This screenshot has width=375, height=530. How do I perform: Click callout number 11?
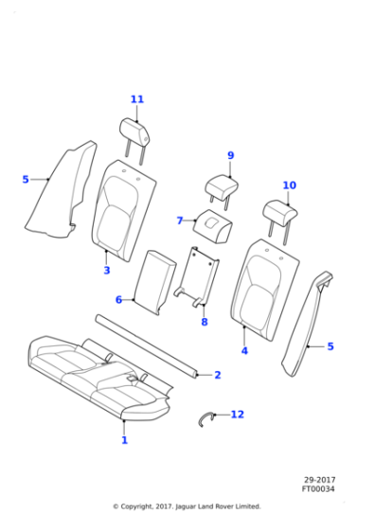pyautogui.click(x=137, y=99)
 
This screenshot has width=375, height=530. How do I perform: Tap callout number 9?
pyautogui.click(x=231, y=155)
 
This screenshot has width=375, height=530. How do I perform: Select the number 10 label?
pyautogui.click(x=290, y=185)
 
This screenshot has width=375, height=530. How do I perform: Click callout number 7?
pyautogui.click(x=180, y=221)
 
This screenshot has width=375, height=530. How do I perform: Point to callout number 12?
pyautogui.click(x=238, y=415)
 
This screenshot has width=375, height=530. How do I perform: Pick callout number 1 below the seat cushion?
pyautogui.click(x=125, y=440)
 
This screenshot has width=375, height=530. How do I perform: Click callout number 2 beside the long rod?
pyautogui.click(x=218, y=375)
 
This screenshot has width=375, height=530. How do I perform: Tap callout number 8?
pyautogui.click(x=205, y=322)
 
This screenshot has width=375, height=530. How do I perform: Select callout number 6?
pyautogui.click(x=118, y=300)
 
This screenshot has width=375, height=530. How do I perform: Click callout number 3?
pyautogui.click(x=107, y=271)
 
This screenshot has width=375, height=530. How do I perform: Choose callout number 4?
pyautogui.click(x=244, y=351)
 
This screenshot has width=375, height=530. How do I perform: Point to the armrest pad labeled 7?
pyautogui.click(x=213, y=226)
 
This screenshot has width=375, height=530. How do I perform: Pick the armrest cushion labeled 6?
pyautogui.click(x=155, y=282)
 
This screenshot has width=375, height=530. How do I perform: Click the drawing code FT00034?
pyautogui.click(x=318, y=489)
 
